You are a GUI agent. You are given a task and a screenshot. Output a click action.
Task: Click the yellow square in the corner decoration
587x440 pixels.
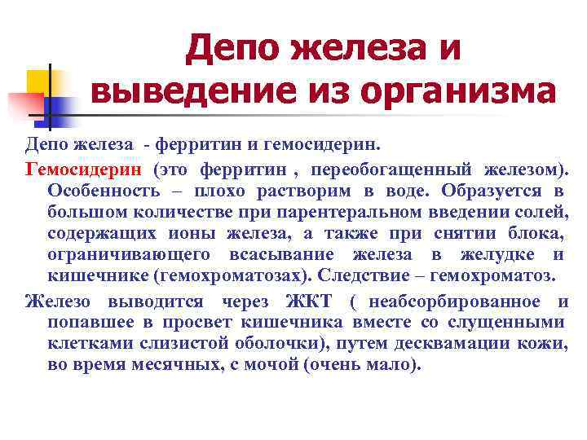coord(41,82)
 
